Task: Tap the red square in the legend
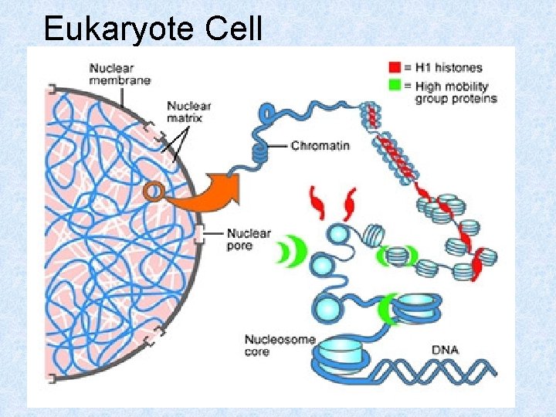[x=395, y=67]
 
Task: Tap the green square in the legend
[x=395, y=85]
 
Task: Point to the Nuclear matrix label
[x=188, y=112]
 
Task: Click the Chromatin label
[x=320, y=145]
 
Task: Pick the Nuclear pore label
[x=249, y=239]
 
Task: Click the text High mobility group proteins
[x=456, y=92]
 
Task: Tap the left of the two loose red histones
[x=317, y=202]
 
